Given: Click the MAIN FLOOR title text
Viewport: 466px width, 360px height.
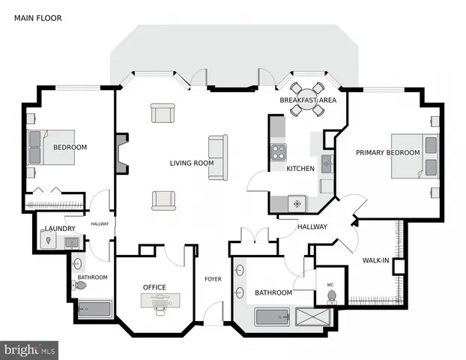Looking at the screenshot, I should tap(37, 17).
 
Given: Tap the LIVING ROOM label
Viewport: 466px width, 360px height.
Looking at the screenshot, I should tap(191, 163).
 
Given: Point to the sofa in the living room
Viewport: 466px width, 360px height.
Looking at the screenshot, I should tap(218, 157).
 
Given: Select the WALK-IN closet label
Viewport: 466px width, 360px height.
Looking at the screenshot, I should tap(375, 260).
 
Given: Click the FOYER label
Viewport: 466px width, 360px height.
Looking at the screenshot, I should tap(213, 279).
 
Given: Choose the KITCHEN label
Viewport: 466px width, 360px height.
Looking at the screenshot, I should tap(300, 169).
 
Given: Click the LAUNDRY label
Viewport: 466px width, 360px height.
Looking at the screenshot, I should tap(59, 229).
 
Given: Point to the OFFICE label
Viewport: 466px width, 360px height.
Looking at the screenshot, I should tap(154, 287).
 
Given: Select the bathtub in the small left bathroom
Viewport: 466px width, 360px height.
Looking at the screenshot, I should tap(94, 310).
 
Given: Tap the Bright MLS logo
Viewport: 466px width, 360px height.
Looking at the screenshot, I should tap(30, 349).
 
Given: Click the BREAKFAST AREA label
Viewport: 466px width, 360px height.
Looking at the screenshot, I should tap(308, 100).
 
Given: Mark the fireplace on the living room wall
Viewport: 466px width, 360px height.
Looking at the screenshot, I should tap(122, 153).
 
